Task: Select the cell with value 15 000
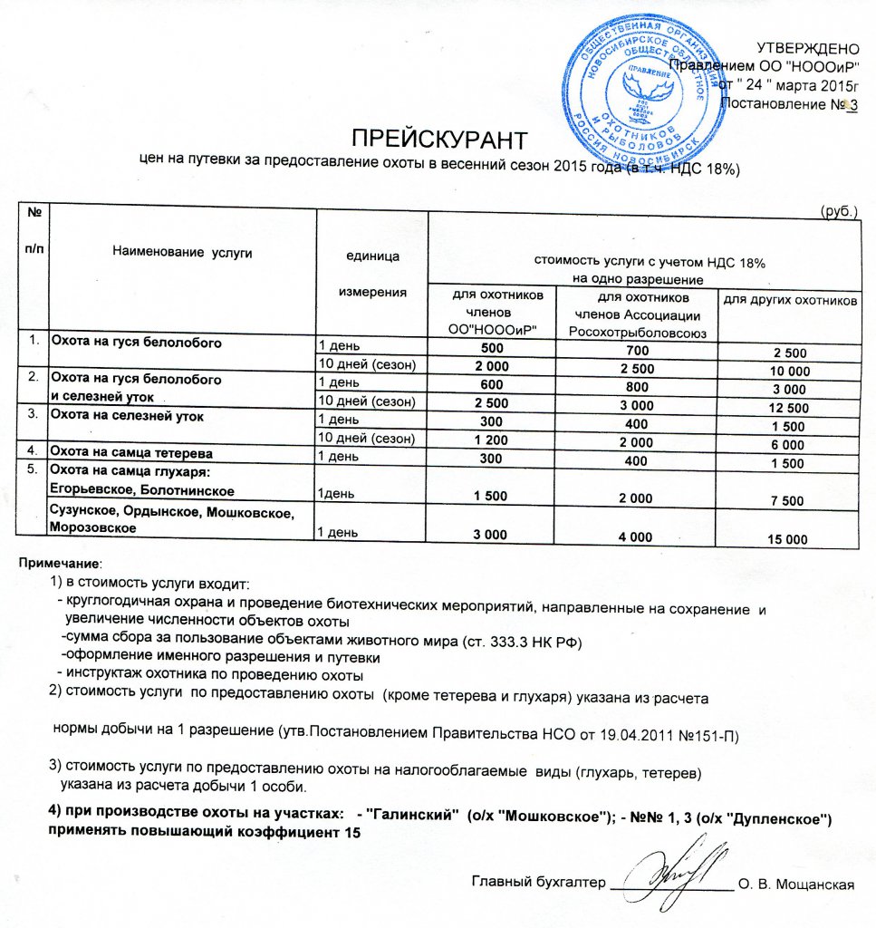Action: point(786,539)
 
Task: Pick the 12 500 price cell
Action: point(786,401)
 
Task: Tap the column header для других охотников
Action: point(788,299)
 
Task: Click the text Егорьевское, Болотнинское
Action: point(142,490)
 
